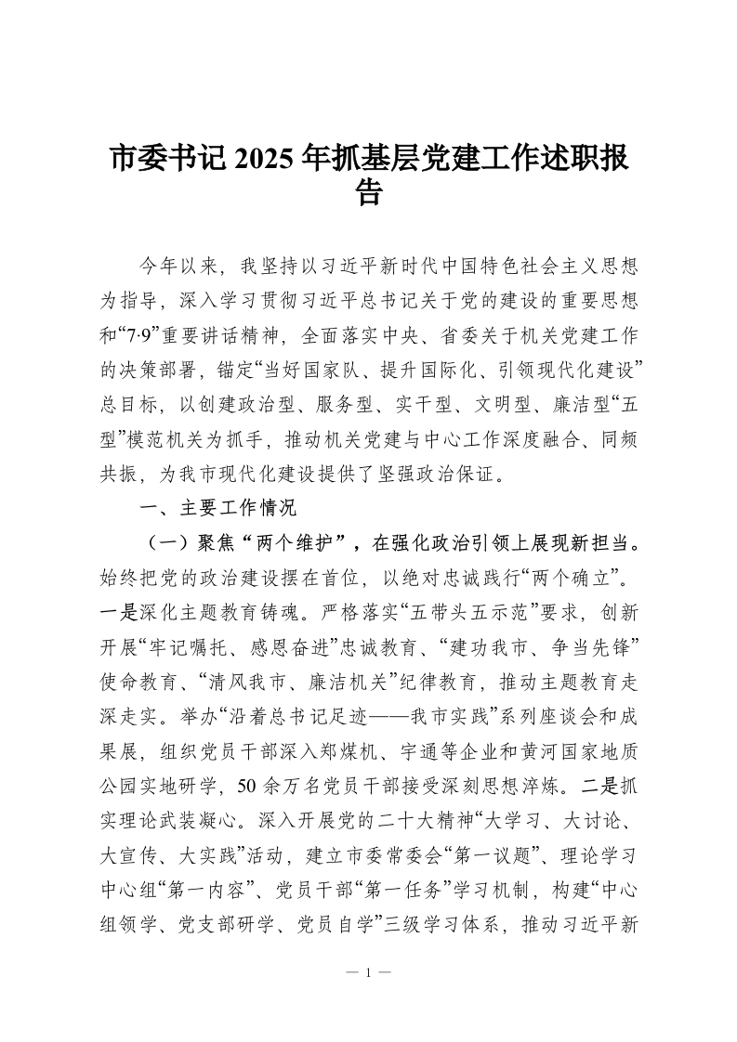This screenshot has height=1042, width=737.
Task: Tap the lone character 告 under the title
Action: [369, 193]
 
